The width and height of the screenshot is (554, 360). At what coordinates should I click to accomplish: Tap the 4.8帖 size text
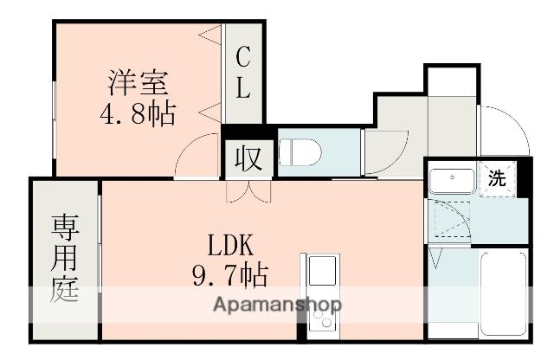pyautogui.click(x=138, y=113)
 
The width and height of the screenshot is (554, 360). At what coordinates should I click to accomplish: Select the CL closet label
pyautogui.click(x=244, y=73)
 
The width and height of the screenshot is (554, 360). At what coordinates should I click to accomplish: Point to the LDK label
pyautogui.click(x=229, y=243)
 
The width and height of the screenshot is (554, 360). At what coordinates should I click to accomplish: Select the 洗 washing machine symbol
pyautogui.click(x=496, y=180)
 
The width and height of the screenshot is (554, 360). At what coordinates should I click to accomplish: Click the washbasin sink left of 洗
pyautogui.click(x=452, y=183)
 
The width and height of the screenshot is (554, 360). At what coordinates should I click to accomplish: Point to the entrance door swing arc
pyautogui.click(x=506, y=130)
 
